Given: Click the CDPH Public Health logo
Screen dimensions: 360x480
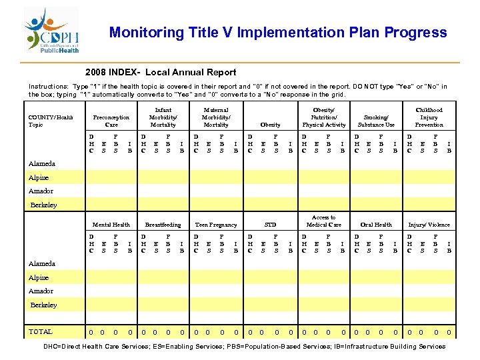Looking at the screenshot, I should pyautogui.click(x=52, y=31).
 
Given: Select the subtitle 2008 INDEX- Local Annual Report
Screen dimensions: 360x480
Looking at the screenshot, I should pyautogui.click(x=161, y=72).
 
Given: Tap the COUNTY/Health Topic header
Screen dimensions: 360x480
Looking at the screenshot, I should pyautogui.click(x=51, y=121).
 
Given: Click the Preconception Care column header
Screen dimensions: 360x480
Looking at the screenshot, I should pyautogui.click(x=111, y=121).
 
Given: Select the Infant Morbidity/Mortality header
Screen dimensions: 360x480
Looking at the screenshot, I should pyautogui.click(x=163, y=117).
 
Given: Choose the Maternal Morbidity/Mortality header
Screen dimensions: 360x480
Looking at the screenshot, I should pyautogui.click(x=215, y=117).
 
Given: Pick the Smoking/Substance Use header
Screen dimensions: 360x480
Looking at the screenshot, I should pyautogui.click(x=376, y=121).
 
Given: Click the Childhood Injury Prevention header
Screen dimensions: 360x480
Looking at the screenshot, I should pyautogui.click(x=429, y=117).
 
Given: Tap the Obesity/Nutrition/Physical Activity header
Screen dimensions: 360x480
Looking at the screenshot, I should pyautogui.click(x=324, y=117).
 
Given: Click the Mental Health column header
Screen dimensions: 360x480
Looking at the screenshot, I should pyautogui.click(x=111, y=225).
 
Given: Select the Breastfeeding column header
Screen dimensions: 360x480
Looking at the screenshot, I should pyautogui.click(x=163, y=225).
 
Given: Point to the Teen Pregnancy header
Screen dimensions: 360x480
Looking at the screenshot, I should pyautogui.click(x=215, y=225).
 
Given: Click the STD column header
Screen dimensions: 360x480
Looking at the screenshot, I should pyautogui.click(x=270, y=225).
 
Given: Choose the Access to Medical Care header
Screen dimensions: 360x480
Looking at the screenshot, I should pyautogui.click(x=324, y=221).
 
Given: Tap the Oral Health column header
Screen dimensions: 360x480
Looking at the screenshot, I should pyautogui.click(x=376, y=225).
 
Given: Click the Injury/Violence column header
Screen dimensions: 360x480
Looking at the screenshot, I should pyautogui.click(x=429, y=225).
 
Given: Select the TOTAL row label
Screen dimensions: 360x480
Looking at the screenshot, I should pyautogui.click(x=40, y=331).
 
